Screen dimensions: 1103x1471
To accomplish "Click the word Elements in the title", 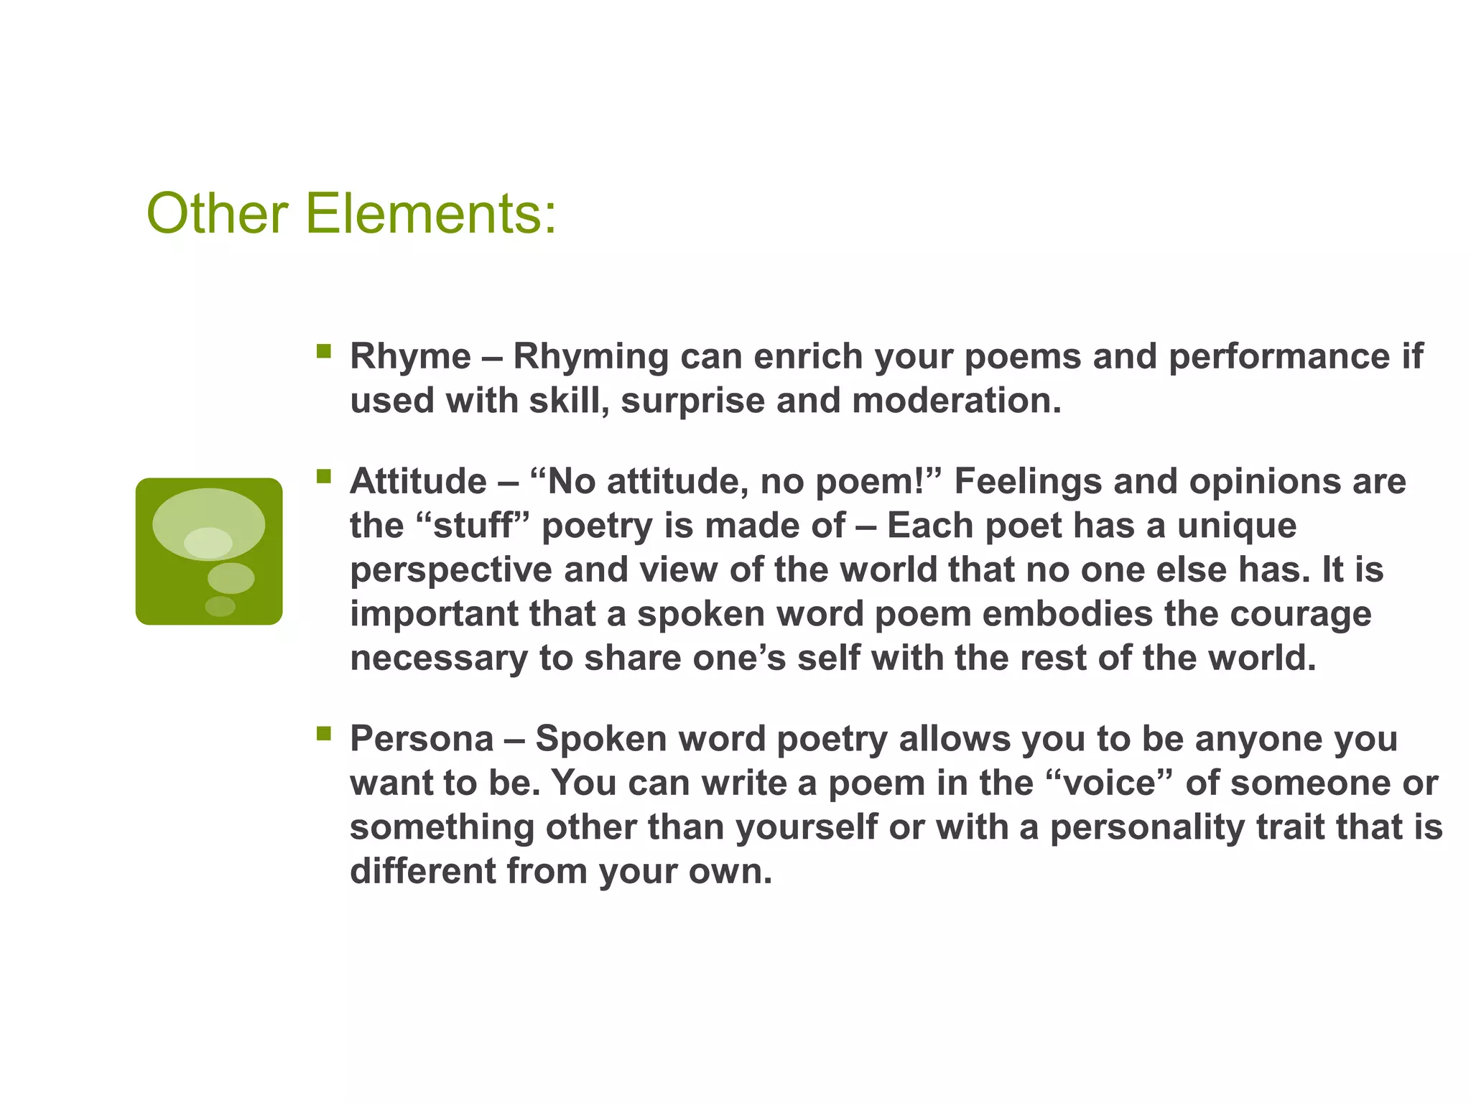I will tap(430, 213).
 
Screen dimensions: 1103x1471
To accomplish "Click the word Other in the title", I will tap(217, 213).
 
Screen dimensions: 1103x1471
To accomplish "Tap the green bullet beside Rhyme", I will tap(324, 351).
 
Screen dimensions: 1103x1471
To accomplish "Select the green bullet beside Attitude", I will tap(324, 476).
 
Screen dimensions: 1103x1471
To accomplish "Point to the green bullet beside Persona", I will tap(324, 733).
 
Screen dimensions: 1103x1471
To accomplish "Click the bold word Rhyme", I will tap(410, 357).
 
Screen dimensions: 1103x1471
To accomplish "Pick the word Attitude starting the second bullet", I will tap(418, 481).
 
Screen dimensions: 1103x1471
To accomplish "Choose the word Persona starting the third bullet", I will tap(422, 739).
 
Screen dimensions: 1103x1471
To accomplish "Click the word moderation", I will tap(956, 401).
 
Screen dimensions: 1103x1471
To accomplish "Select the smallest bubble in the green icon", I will tap(220, 606).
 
